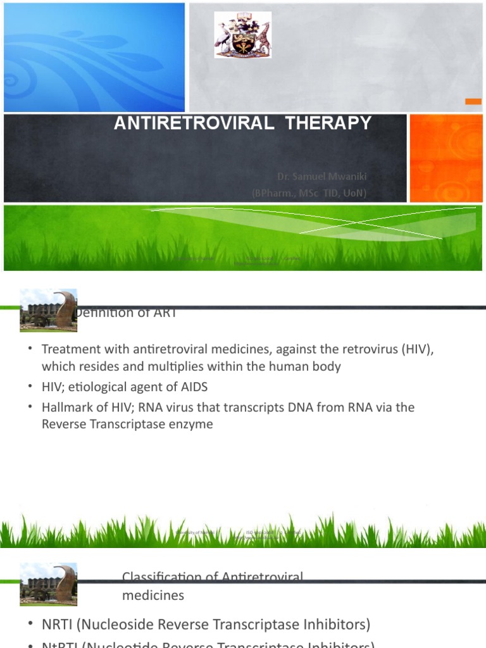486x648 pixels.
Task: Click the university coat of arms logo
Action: [x=243, y=35]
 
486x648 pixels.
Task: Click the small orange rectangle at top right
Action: [x=473, y=101]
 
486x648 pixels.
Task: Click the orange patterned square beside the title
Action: [x=445, y=158]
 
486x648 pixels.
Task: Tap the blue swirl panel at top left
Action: [x=94, y=57]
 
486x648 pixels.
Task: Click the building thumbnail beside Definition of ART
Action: [x=48, y=310]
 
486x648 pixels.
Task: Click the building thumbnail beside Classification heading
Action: [x=48, y=584]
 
